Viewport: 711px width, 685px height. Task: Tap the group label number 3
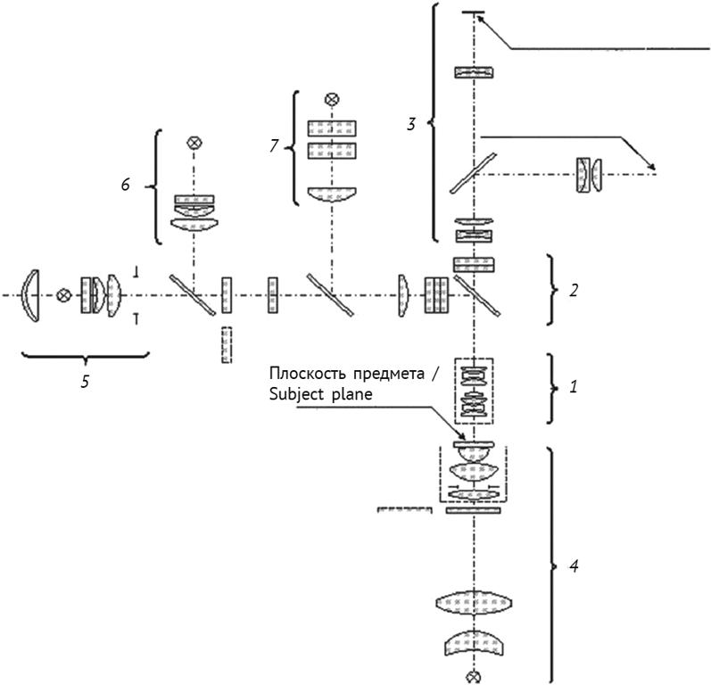(x=411, y=124)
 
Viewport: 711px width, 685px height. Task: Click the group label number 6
(x=126, y=184)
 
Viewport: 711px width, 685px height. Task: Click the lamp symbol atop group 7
(x=332, y=99)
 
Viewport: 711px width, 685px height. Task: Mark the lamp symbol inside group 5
(x=63, y=294)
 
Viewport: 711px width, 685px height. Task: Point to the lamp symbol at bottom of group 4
(x=475, y=673)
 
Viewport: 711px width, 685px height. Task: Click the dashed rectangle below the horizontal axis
(x=226, y=344)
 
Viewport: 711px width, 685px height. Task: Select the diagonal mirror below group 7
(x=330, y=293)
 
